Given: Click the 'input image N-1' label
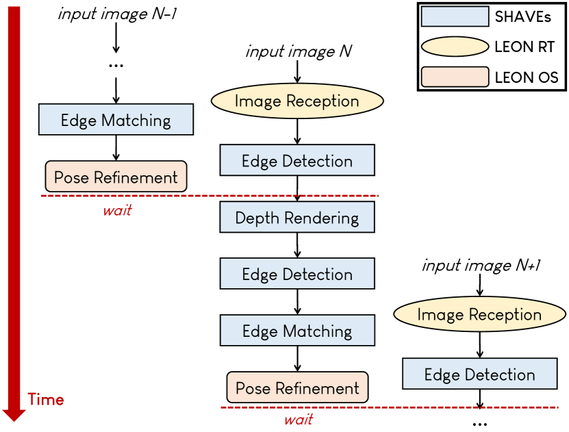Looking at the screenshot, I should click(117, 14).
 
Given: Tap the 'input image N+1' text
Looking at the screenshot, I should click(481, 265).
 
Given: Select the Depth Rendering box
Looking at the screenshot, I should click(297, 218).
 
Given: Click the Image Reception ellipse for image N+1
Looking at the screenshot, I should click(479, 315).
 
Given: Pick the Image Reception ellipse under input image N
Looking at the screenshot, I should click(296, 101).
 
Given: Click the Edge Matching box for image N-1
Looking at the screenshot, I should click(116, 120).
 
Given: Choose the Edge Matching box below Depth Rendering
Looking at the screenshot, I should click(297, 331).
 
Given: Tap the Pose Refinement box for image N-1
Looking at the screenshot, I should click(116, 177).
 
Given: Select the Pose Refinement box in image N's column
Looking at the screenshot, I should click(297, 388).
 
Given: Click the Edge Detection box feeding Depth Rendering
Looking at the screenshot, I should click(297, 162).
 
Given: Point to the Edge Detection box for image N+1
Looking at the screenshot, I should click(479, 374).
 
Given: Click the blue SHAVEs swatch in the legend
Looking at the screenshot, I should click(455, 16).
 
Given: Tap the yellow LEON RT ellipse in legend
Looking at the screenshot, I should click(455, 47).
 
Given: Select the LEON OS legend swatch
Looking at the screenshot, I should click(455, 77).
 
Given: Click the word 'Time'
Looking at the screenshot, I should click(46, 399).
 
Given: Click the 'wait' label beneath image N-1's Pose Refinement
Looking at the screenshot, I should click(117, 210).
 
